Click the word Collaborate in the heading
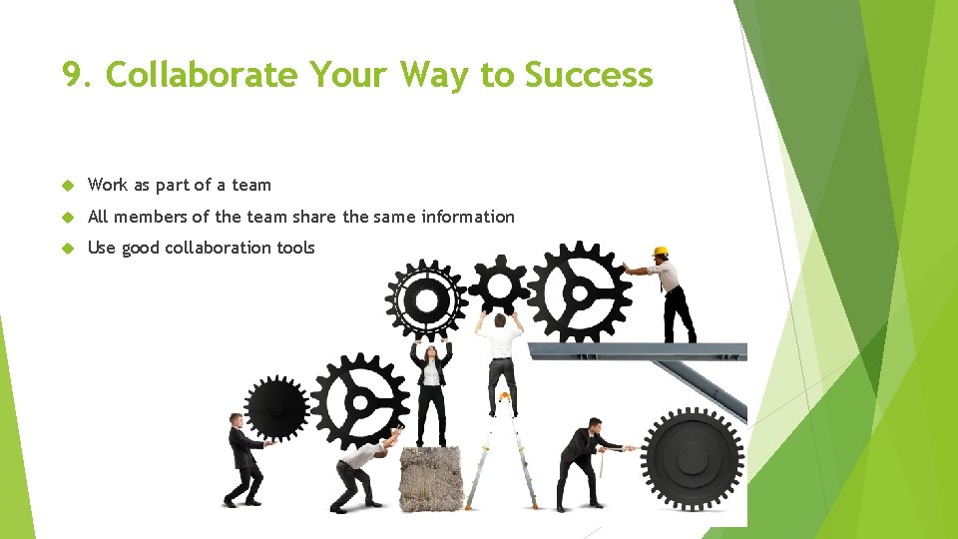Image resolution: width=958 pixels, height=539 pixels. pyautogui.click(x=201, y=75)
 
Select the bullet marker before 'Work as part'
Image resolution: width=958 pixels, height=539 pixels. pyautogui.click(x=69, y=185)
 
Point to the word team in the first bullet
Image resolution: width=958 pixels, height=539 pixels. pyautogui.click(x=251, y=185)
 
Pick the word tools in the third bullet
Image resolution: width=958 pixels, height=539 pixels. pyautogui.click(x=296, y=248)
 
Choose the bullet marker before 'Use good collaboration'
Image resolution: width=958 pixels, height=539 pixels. pyautogui.click(x=69, y=248)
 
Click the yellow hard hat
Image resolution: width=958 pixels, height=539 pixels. pyautogui.click(x=660, y=252)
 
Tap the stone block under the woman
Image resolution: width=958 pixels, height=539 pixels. pyautogui.click(x=431, y=478)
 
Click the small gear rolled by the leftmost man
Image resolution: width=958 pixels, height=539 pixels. pyautogui.click(x=276, y=407)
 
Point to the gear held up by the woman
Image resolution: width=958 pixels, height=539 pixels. pyautogui.click(x=426, y=299)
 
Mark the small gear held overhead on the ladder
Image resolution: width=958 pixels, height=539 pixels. pyautogui.click(x=498, y=285)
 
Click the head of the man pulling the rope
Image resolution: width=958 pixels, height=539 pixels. pyautogui.click(x=594, y=426)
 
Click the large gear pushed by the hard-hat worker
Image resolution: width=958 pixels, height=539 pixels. pyautogui.click(x=579, y=292)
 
